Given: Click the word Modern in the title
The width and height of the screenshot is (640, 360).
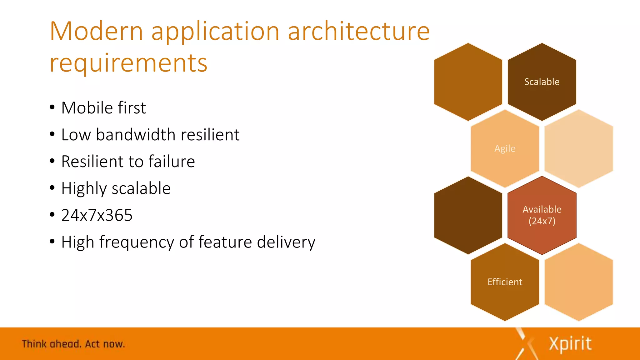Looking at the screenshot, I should (96, 31).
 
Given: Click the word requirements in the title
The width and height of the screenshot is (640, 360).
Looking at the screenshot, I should (128, 63).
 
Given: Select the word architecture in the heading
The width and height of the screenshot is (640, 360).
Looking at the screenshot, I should (358, 31).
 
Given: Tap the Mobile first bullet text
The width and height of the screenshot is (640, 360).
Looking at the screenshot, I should (103, 108).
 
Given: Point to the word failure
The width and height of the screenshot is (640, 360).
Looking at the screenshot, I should (172, 162).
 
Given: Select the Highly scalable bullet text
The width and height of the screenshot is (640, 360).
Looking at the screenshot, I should (116, 188).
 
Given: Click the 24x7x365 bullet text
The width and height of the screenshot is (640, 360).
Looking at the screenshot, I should (97, 215).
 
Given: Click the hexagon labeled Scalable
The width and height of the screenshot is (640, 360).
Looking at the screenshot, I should (542, 82).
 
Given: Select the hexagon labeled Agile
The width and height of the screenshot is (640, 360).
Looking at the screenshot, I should (505, 148).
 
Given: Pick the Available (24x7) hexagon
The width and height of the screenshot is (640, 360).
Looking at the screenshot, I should (542, 215).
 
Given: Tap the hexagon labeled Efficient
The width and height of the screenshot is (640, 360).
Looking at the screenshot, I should (505, 282).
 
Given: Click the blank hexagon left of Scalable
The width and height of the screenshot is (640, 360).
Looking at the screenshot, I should (468, 82).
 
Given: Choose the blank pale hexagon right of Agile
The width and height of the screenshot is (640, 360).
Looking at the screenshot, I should (578, 148).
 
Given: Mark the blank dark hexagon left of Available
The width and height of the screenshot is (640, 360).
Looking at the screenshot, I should (468, 215).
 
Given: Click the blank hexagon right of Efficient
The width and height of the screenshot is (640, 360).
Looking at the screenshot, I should (578, 282).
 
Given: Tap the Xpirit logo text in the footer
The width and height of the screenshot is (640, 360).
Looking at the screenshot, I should (570, 344).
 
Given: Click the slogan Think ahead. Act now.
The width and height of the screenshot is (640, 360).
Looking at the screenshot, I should (73, 344).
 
